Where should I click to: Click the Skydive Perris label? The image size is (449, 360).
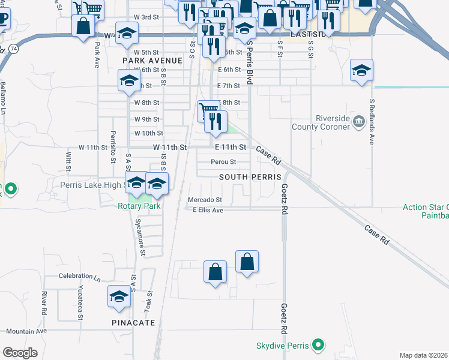click(x=283, y=346)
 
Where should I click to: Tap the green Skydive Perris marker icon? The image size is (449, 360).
click(x=319, y=346)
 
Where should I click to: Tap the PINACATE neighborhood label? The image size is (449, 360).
click(x=133, y=323)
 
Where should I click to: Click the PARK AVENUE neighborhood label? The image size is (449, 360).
click(x=152, y=61)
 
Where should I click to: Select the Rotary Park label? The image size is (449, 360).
click(x=139, y=206)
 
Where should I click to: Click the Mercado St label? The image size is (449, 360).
click(x=205, y=200)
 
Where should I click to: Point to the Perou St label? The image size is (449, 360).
click(x=223, y=162)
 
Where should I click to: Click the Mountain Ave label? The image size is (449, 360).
click(x=26, y=331)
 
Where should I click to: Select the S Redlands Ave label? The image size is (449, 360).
click(x=372, y=122)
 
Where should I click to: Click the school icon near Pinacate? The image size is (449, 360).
click(x=119, y=296)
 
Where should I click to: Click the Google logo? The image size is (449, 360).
click(x=20, y=353)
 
